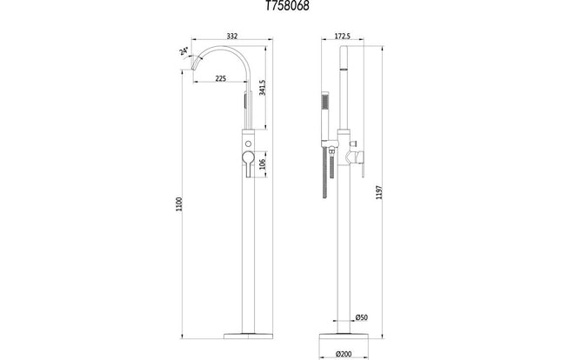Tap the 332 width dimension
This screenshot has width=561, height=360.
click(231, 36)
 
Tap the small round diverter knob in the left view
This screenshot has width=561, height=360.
click(250, 141)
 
